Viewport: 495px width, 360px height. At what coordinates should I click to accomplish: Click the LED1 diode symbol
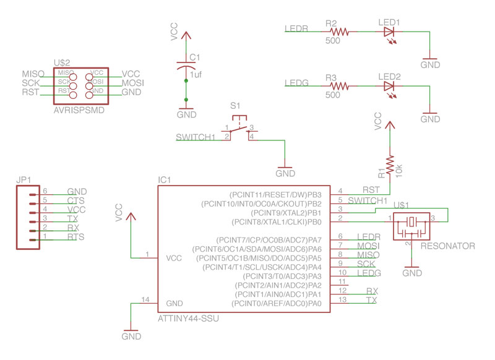click(389, 32)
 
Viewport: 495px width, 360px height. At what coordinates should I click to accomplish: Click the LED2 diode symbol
click(389, 86)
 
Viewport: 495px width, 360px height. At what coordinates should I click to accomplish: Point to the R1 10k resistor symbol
click(390, 165)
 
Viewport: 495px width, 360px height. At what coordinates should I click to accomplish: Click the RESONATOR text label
click(447, 246)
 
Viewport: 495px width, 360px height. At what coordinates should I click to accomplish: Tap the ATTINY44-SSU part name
click(188, 319)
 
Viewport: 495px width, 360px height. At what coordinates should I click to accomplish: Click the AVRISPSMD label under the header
click(79, 111)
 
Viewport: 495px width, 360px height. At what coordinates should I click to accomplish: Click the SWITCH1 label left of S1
click(195, 137)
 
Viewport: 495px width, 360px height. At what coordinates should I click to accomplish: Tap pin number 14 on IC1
click(146, 300)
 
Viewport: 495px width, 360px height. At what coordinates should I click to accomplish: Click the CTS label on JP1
click(75, 201)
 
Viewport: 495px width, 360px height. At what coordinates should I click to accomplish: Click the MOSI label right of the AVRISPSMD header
click(133, 82)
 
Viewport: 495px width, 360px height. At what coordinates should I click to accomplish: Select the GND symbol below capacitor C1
click(185, 114)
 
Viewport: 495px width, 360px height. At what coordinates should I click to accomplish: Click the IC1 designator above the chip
click(165, 180)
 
